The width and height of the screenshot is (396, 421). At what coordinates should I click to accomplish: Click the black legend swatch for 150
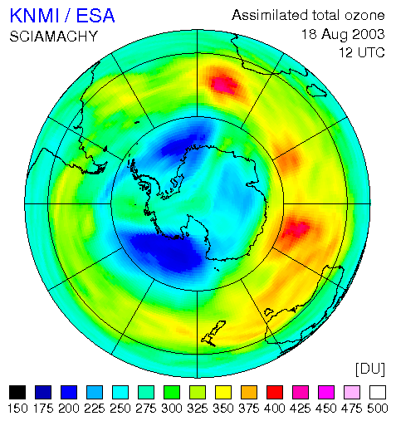17,392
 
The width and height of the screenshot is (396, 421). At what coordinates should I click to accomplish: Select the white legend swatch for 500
378,392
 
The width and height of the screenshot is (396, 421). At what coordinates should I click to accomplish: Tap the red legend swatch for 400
275,392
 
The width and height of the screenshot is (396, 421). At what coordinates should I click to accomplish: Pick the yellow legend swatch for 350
223,392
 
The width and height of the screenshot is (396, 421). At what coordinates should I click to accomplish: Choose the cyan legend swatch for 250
120,392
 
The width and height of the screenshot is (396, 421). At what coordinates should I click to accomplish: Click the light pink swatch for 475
352,392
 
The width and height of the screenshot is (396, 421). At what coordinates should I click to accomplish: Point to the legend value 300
172,409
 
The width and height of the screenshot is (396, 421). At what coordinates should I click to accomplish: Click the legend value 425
301,409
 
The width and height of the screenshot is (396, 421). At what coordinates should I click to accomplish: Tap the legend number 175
43,409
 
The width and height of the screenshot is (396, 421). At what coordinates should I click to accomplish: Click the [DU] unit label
370,369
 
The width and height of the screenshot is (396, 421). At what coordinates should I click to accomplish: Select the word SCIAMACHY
54,37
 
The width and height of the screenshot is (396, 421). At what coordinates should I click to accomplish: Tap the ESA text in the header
95,16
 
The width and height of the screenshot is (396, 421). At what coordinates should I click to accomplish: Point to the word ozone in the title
364,15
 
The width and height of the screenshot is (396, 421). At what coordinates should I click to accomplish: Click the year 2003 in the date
369,34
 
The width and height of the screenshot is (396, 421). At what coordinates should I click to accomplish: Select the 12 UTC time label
362,52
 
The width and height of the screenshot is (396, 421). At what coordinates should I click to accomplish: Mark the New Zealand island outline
213,333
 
